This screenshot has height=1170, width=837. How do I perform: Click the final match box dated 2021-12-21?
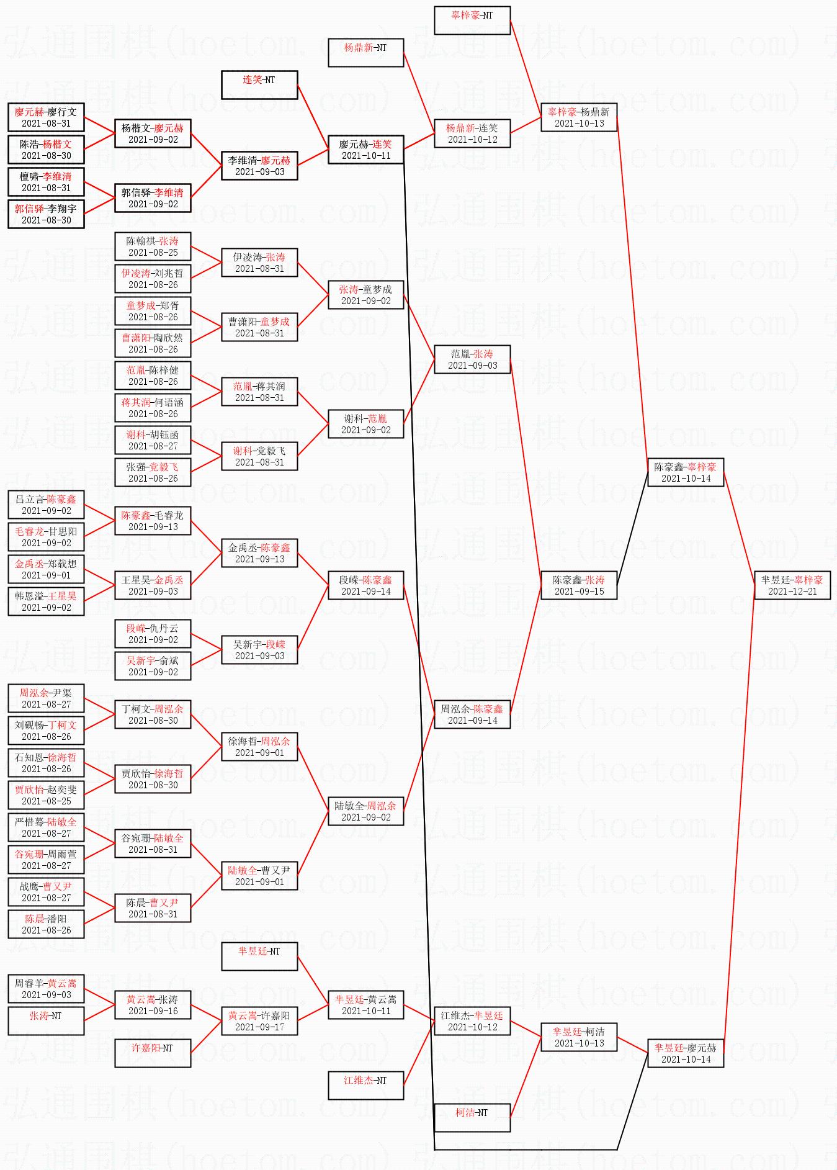pyautogui.click(x=792, y=585)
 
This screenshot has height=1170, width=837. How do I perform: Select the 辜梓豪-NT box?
pyautogui.click(x=472, y=20)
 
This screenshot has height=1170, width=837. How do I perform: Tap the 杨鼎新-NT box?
pyautogui.click(x=365, y=53)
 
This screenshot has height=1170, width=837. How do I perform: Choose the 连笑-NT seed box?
pyautogui.click(x=259, y=85)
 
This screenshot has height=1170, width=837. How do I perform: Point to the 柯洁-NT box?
pyautogui.click(x=472, y=1118)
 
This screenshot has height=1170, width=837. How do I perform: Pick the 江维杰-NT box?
pyautogui.click(x=365, y=1086)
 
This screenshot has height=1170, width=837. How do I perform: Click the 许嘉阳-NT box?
pyautogui.click(x=153, y=1053)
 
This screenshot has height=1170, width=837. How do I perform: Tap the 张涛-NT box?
pyautogui.click(x=46, y=1021)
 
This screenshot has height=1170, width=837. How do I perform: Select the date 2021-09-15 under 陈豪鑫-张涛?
pyautogui.click(x=579, y=592)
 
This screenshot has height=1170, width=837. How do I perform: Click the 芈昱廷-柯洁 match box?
pyautogui.click(x=579, y=1037)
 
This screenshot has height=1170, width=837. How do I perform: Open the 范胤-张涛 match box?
pyautogui.click(x=472, y=359)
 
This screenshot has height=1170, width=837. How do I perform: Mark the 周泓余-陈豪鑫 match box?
pyautogui.click(x=472, y=714)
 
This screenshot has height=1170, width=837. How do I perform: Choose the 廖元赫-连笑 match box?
pyautogui.click(x=365, y=150)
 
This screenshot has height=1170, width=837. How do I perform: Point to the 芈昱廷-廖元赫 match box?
pyautogui.click(x=686, y=1053)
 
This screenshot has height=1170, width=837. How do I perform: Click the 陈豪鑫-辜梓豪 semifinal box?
pyautogui.click(x=686, y=472)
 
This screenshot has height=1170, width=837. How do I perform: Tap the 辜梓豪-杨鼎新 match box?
pyautogui.click(x=579, y=117)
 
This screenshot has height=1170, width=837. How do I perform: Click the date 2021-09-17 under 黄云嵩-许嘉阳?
pyautogui.click(x=259, y=1027)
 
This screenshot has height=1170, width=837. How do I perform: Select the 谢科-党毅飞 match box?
pyautogui.click(x=259, y=456)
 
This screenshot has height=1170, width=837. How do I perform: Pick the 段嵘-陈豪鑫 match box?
pyautogui.click(x=365, y=585)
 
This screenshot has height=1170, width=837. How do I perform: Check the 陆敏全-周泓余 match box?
pyautogui.click(x=365, y=811)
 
